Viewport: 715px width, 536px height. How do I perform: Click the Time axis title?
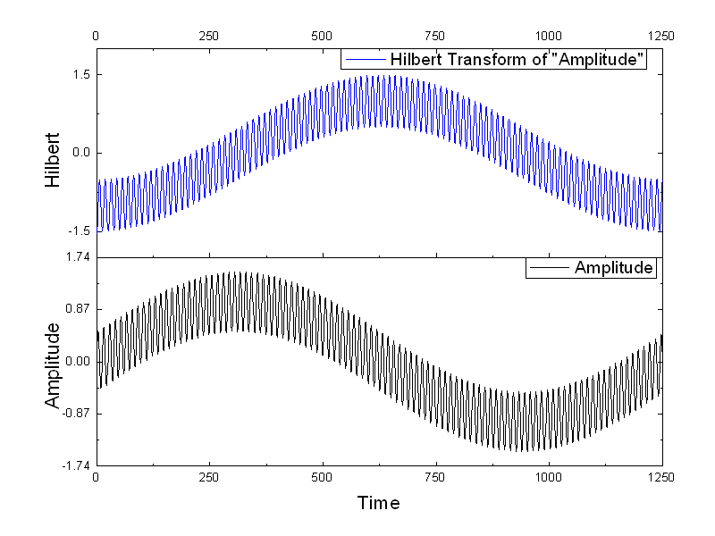click(x=378, y=503)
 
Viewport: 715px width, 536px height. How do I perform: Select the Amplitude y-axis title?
click(x=53, y=364)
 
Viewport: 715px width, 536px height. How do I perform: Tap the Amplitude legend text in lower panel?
click(x=614, y=268)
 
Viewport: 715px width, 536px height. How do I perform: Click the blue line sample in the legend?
click(x=365, y=60)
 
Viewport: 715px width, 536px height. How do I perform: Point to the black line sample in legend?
click(x=550, y=268)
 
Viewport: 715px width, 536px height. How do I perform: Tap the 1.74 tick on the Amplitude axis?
click(x=76, y=257)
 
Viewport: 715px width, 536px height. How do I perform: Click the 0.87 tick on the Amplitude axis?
click(x=76, y=309)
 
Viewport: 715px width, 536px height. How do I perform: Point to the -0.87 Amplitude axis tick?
click(x=74, y=414)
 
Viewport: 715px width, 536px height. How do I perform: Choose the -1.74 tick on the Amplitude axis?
click(x=74, y=465)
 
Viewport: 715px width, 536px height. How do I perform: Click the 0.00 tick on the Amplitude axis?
click(x=76, y=361)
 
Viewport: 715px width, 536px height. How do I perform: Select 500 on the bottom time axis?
click(x=323, y=477)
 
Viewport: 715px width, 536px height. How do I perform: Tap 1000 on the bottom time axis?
click(x=549, y=477)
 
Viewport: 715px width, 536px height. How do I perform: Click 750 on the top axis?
click(x=435, y=36)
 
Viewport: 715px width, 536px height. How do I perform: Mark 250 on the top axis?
click(x=209, y=36)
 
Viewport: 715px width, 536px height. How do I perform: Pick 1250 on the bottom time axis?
click(x=661, y=477)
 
